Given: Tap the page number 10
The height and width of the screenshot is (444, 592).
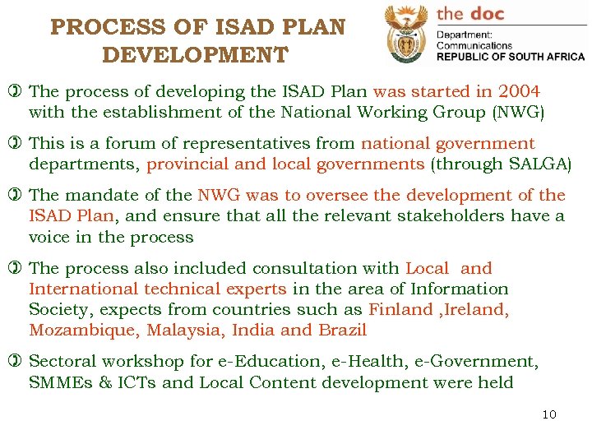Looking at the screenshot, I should coord(549,414).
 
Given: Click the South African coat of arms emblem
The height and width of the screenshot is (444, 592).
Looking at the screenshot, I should coord(405,34).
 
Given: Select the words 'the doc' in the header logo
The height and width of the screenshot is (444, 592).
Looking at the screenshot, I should coord(469,13).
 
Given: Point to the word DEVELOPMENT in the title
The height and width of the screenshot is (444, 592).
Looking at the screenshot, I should coord(195,55).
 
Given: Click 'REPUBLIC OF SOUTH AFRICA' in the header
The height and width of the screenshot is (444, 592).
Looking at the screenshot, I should coord(510,57).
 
